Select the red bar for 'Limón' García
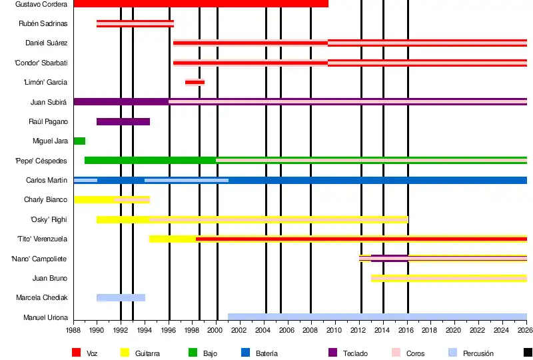(x=195, y=82)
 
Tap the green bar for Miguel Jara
(x=79, y=141)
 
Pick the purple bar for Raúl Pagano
(x=123, y=121)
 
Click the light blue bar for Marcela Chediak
(x=121, y=297)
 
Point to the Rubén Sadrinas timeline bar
(x=135, y=24)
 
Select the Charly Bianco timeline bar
(x=111, y=199)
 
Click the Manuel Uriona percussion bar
(x=377, y=317)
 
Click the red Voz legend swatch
(x=77, y=353)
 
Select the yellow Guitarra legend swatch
(x=125, y=353)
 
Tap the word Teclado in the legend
(x=355, y=353)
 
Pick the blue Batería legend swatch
(x=245, y=353)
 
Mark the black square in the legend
(x=528, y=353)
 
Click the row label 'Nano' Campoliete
(x=39, y=259)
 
